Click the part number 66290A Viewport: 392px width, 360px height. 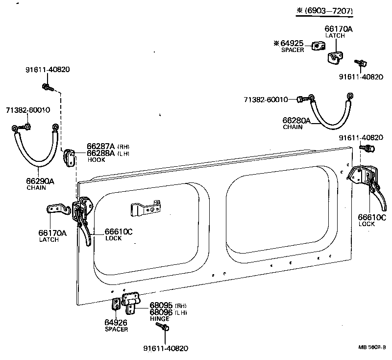tap(40, 181)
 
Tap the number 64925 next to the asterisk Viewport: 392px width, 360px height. tap(293, 43)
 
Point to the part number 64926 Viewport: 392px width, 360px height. tap(116, 322)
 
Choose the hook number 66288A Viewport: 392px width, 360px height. tap(100, 153)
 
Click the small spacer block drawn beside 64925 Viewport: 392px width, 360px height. tap(318, 46)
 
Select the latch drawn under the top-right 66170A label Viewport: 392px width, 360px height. tap(335, 57)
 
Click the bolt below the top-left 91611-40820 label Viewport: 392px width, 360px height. tap(47, 88)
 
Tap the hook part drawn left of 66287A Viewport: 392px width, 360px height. tap(69, 156)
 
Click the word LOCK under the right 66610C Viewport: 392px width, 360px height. tap(366, 224)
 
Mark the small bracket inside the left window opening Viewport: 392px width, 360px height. tap(145, 209)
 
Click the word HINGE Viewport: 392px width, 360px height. tap(160, 319)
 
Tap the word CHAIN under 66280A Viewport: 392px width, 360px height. tap(293, 127)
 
